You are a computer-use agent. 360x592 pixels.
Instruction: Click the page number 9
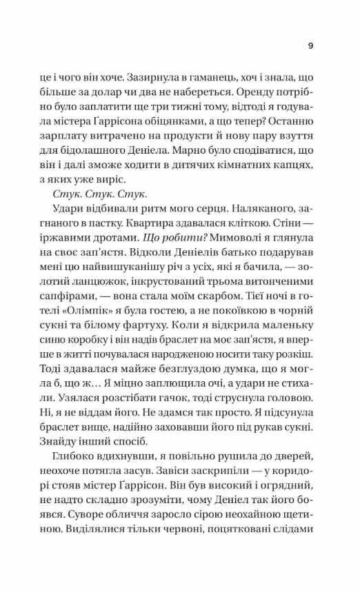310,47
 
